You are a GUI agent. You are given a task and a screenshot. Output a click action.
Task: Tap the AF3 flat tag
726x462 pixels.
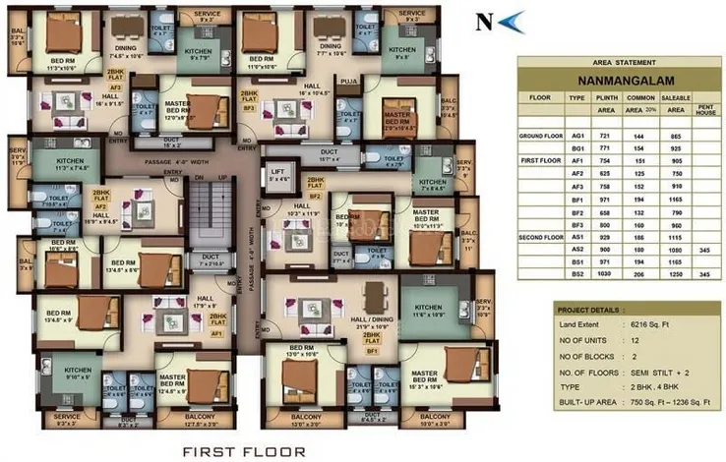(x=115, y=87)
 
